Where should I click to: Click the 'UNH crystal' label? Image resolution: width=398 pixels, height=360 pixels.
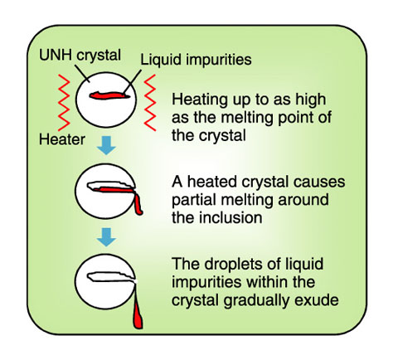pyautogui.click(x=80, y=56)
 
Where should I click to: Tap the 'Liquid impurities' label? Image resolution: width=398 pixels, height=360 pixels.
pyautogui.click(x=196, y=60)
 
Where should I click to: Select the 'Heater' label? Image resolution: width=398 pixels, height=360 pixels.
pyautogui.click(x=62, y=139)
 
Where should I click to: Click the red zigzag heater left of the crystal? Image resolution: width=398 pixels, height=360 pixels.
pyautogui.click(x=64, y=103)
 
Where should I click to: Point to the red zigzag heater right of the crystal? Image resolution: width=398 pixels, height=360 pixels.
pyautogui.click(x=150, y=103)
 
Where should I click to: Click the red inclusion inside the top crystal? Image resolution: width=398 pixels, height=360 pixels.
pyautogui.click(x=109, y=95)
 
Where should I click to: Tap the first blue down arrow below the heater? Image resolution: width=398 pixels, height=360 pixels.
pyautogui.click(x=106, y=145)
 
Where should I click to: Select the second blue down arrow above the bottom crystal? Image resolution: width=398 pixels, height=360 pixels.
pyautogui.click(x=106, y=237)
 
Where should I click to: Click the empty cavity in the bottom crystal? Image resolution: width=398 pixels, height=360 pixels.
pyautogui.click(x=110, y=277)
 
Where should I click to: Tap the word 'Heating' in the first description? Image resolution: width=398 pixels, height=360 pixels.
pyautogui.click(x=200, y=100)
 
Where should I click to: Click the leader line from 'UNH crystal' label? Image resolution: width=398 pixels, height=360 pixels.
pyautogui.click(x=82, y=73)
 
